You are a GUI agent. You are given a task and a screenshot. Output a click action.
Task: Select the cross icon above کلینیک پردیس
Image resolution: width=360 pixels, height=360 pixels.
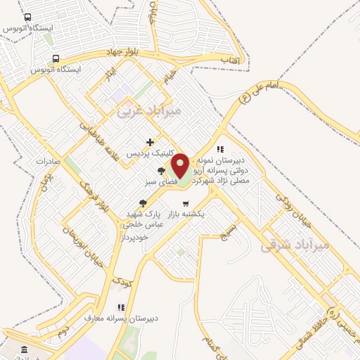150,142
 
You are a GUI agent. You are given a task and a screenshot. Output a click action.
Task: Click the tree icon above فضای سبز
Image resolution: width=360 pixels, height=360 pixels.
162,170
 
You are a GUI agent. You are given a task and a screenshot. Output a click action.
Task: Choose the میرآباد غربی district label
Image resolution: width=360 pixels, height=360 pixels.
148,111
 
